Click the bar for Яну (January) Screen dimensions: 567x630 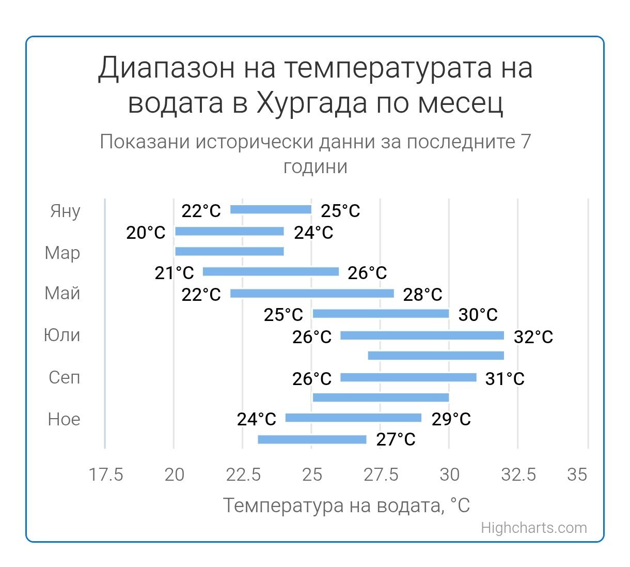[271, 209]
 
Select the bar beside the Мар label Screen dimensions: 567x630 [229, 251]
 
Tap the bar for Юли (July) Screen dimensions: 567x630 [422, 335]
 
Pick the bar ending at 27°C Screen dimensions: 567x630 [312, 439]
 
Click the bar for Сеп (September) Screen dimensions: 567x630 [408, 377]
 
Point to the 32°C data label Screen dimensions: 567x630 [533, 337]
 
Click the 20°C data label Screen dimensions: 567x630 [146, 233]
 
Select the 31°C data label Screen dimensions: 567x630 [505, 379]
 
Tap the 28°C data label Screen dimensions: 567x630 [422, 295]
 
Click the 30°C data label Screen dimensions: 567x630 [478, 314]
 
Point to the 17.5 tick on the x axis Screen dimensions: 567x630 [106, 474]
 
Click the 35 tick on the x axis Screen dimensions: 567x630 [577, 474]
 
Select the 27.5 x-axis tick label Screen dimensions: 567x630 [381, 474]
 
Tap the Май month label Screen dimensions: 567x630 [62, 293]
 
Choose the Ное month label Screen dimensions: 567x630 [64, 419]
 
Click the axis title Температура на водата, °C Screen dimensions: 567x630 [346, 505]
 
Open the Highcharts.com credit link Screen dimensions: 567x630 [534, 528]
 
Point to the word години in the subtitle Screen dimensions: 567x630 [315, 166]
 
